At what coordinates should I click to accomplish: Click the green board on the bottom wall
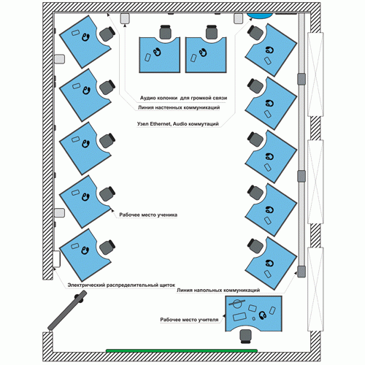[182, 350]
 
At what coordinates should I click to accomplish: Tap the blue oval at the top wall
[260, 15]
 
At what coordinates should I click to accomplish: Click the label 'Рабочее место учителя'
[189, 320]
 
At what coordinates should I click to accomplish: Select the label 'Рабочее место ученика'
[148, 215]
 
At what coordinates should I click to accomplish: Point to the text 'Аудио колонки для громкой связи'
[183, 98]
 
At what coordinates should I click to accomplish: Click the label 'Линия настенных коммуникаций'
[179, 107]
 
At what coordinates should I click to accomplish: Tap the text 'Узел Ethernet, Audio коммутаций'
[178, 124]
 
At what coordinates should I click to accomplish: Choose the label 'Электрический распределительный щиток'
[121, 285]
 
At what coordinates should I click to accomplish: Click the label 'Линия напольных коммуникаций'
[218, 290]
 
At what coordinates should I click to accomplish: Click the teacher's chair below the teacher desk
[245, 336]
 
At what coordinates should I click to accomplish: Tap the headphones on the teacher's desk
[262, 315]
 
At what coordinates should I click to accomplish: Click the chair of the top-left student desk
[107, 34]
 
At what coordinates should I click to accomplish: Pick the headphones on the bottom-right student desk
[269, 263]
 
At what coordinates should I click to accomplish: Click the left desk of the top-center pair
[160, 55]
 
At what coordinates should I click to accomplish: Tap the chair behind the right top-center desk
[212, 32]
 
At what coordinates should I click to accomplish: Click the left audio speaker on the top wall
[125, 18]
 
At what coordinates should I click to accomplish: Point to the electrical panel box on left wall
[56, 259]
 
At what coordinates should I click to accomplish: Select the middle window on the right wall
[315, 182]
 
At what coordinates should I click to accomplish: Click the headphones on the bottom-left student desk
[85, 250]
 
